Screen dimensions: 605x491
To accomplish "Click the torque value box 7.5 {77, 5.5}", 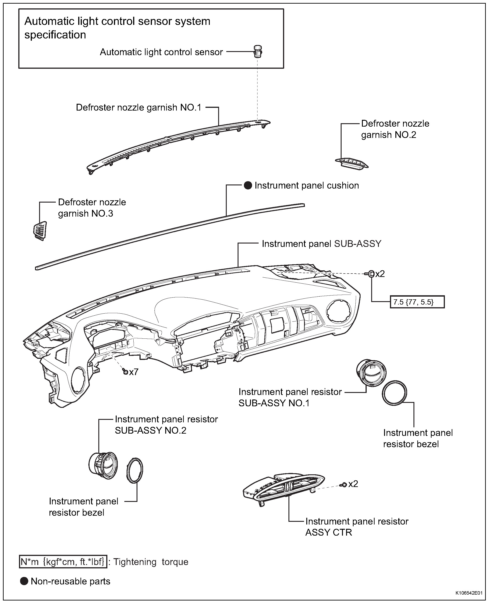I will (417, 302).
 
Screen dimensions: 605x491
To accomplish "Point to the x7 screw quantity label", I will (134, 372).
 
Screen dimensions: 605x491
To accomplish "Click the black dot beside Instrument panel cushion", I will (248, 186).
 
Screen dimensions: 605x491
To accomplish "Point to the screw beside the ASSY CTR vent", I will (344, 485).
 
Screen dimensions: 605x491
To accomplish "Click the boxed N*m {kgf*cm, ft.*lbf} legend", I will (63, 562).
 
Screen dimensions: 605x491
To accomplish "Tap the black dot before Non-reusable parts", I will (24, 581).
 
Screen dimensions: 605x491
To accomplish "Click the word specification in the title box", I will (55, 35).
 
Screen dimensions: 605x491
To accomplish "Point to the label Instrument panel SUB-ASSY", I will (321, 244).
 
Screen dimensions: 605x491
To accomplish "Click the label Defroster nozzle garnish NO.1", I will (139, 108).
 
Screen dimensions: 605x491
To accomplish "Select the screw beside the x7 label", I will (125, 371).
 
